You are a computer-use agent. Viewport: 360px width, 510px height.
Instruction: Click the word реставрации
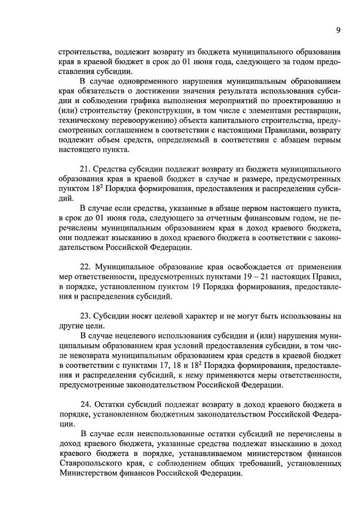click(318, 108)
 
